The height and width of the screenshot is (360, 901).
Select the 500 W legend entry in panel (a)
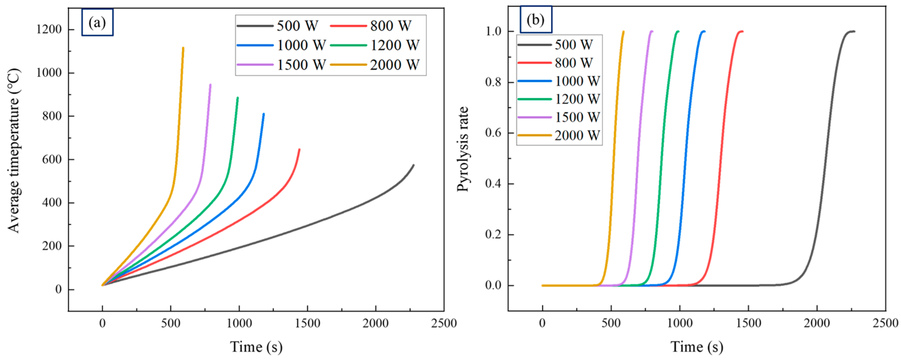pyautogui.click(x=278, y=26)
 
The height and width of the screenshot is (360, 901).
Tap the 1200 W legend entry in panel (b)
pyautogui.click(x=559, y=99)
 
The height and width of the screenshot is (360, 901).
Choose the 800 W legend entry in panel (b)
pyautogui.click(x=555, y=63)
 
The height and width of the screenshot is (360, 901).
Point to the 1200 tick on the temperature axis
pyautogui.click(x=49, y=29)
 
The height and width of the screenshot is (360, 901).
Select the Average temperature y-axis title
pyautogui.click(x=14, y=151)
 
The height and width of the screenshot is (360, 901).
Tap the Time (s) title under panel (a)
pyautogui.click(x=256, y=347)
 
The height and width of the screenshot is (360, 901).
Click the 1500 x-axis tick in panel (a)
pyautogui.click(x=307, y=323)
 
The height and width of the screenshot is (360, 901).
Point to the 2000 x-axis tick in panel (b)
pyautogui.click(x=817, y=323)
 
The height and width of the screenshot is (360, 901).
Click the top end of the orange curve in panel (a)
pyautogui.click(x=183, y=48)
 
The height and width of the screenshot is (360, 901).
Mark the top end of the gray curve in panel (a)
pyautogui.click(x=413, y=165)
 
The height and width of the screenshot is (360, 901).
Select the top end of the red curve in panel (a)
pyautogui.click(x=299, y=150)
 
